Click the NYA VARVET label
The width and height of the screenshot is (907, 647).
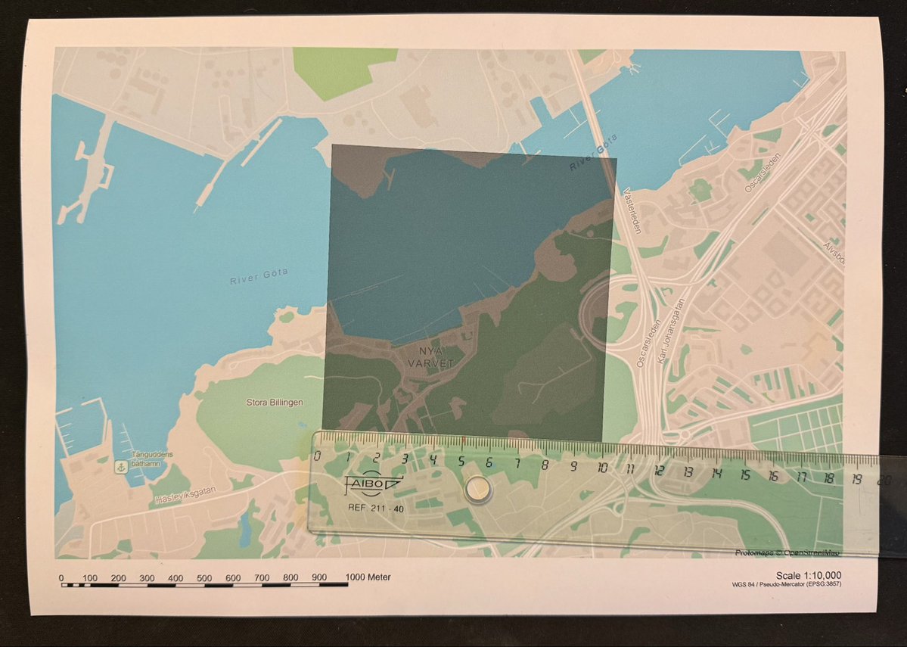click(430, 357)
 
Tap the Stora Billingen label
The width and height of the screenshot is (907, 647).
click(275, 403)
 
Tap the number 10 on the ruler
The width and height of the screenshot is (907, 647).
click(602, 467)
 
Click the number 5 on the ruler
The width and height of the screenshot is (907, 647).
click(461, 462)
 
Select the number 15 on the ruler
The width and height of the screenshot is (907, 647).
click(744, 474)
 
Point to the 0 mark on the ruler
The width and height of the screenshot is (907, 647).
click(317, 455)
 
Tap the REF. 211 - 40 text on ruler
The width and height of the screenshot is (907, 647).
click(375, 509)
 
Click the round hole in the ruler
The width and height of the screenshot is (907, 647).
click(478, 491)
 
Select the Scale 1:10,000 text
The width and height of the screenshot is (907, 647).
click(808, 575)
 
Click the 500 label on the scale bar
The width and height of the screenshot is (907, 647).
click(204, 578)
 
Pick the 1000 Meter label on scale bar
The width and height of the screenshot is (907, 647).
click(368, 577)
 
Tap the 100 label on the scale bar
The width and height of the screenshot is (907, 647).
click(90, 578)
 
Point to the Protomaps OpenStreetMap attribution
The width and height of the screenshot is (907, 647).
click(787, 553)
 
